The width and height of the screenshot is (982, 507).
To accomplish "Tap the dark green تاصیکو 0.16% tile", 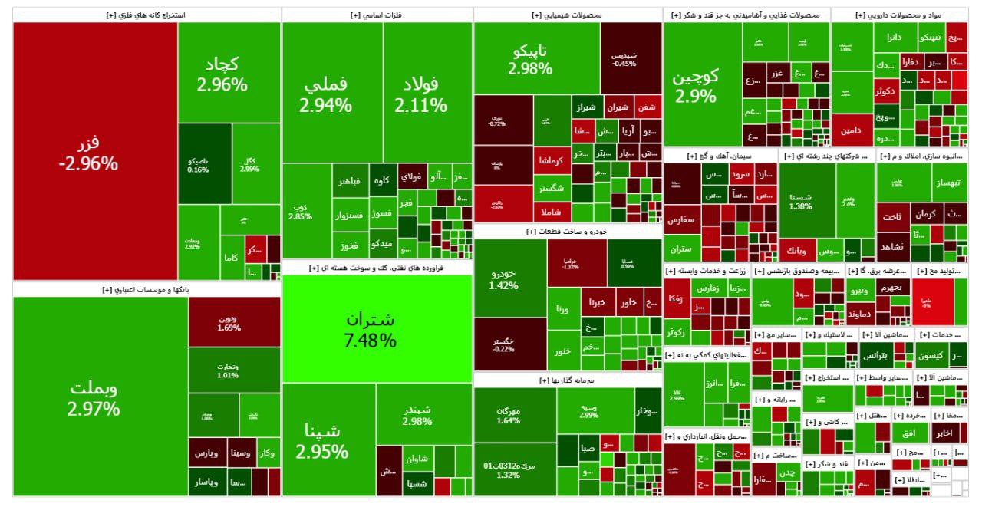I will click(204, 164).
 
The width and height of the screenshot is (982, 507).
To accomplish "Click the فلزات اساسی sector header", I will click(377, 15).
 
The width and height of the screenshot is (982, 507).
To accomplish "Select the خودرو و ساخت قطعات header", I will click(568, 231).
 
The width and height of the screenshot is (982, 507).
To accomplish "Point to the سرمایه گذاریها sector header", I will click(568, 380).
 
